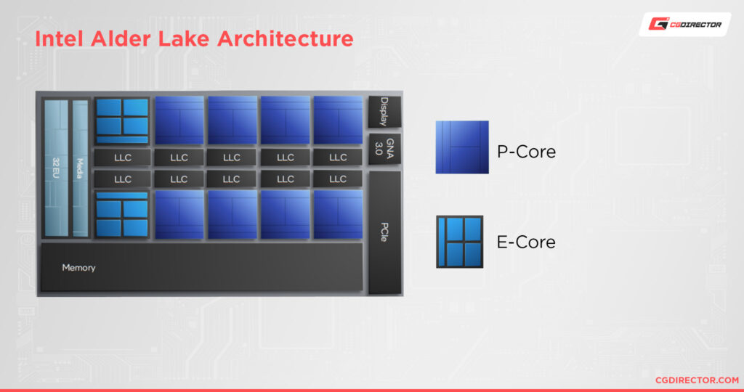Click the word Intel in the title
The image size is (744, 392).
tap(60, 38)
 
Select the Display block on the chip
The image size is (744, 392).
tap(384, 112)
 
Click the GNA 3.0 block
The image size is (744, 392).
tap(384, 148)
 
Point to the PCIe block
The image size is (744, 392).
tap(384, 232)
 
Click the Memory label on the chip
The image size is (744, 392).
tap(78, 268)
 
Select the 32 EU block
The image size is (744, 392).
tap(56, 168)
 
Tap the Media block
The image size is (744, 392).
tap(80, 168)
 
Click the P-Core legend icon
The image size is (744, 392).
tap(462, 147)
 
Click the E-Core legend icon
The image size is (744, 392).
tap(459, 242)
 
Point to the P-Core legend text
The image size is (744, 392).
tap(527, 152)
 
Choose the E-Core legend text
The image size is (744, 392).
tap(526, 242)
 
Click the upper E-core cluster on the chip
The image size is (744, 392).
tap(122, 121)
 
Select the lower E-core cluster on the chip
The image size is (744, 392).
tap(122, 215)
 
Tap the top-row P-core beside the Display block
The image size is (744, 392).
tap(338, 121)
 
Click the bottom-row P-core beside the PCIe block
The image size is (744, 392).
tap(338, 215)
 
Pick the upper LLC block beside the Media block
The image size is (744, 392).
tap(122, 157)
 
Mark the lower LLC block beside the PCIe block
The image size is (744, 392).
tap(338, 179)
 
